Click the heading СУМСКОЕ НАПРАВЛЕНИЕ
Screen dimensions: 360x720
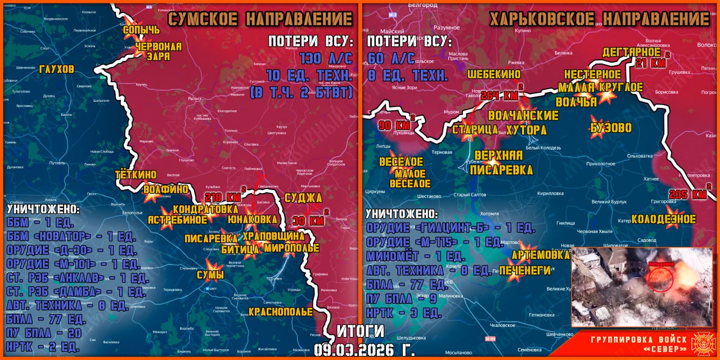(260, 19)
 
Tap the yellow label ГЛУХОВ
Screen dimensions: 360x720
(56, 69)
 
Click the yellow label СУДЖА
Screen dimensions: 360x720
(303, 198)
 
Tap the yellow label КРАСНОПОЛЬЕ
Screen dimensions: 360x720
(280, 312)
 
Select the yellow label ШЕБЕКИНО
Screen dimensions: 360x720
(494, 74)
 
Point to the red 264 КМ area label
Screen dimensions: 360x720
(499, 95)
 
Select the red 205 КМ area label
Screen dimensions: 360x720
(687, 195)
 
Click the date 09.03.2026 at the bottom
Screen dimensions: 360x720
(364, 348)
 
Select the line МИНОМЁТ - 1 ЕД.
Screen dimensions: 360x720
(414, 256)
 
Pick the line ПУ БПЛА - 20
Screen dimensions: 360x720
(42, 334)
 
